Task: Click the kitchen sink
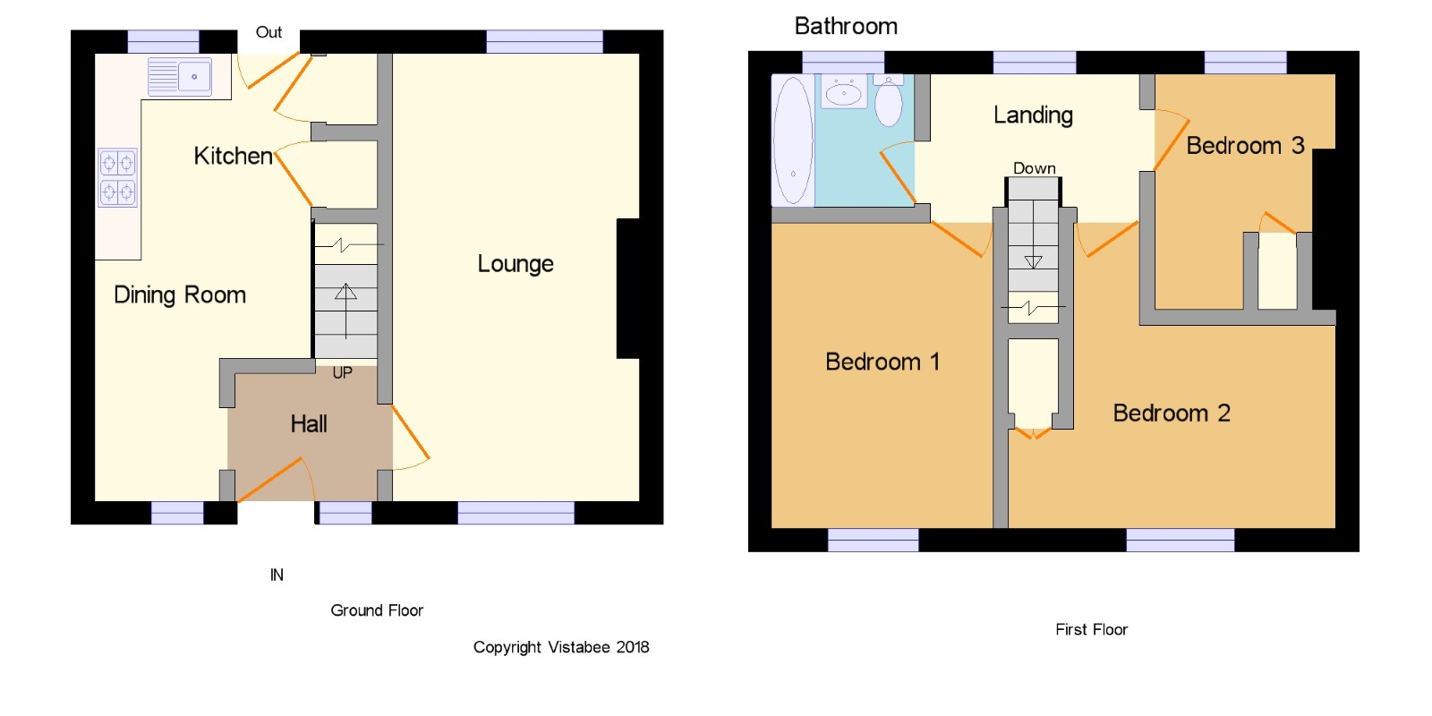point(180,77)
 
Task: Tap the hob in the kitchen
point(118,178)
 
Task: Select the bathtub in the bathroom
point(793,141)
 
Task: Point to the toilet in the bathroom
point(889,101)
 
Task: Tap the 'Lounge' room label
point(516,263)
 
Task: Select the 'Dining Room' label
point(180,294)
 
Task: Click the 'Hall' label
point(309,424)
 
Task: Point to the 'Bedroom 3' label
point(1245,146)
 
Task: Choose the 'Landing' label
point(1033,115)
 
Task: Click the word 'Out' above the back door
point(268,32)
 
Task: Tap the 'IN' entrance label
point(277,575)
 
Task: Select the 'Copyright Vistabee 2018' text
point(561,648)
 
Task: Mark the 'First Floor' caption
point(1091,630)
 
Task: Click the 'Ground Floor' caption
point(377,610)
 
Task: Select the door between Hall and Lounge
point(410,438)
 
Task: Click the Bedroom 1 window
point(874,541)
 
